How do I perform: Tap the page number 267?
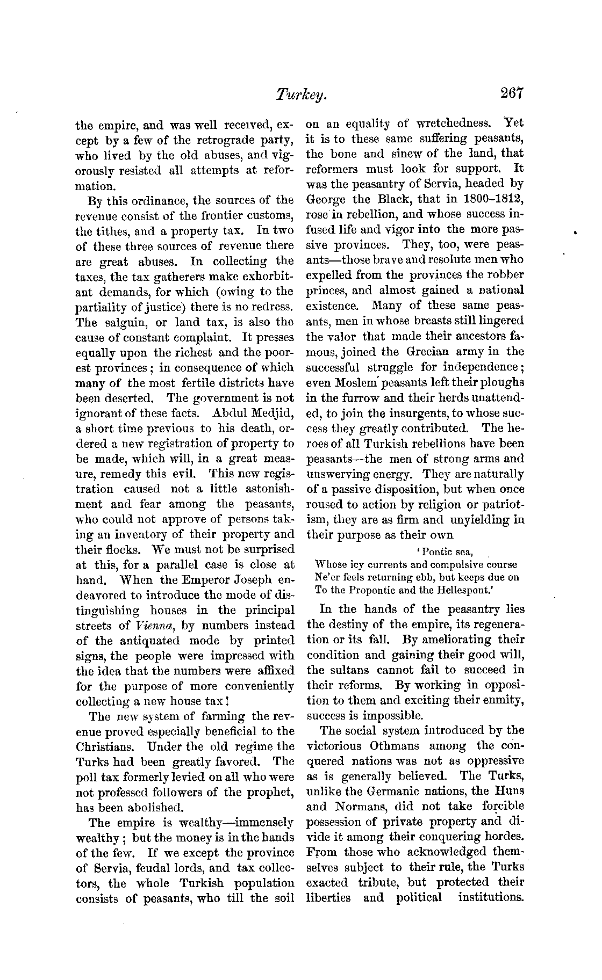point(511,93)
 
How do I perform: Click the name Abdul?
point(231,413)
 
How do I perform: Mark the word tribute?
point(377,882)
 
